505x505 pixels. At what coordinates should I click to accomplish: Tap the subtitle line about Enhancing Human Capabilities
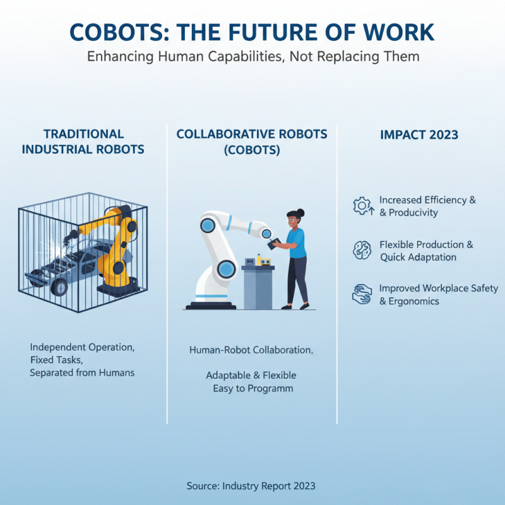click(252, 56)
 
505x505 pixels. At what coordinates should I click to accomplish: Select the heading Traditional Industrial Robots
click(84, 142)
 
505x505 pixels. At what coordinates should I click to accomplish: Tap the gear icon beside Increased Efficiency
click(362, 206)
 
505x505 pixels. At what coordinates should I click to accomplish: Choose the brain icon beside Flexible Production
click(362, 250)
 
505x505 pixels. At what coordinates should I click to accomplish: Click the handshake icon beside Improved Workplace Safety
click(362, 294)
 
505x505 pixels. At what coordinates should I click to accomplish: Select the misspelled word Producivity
click(414, 213)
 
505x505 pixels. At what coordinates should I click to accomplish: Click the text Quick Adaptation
click(417, 257)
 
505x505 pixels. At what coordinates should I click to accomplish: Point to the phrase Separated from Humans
click(82, 372)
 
